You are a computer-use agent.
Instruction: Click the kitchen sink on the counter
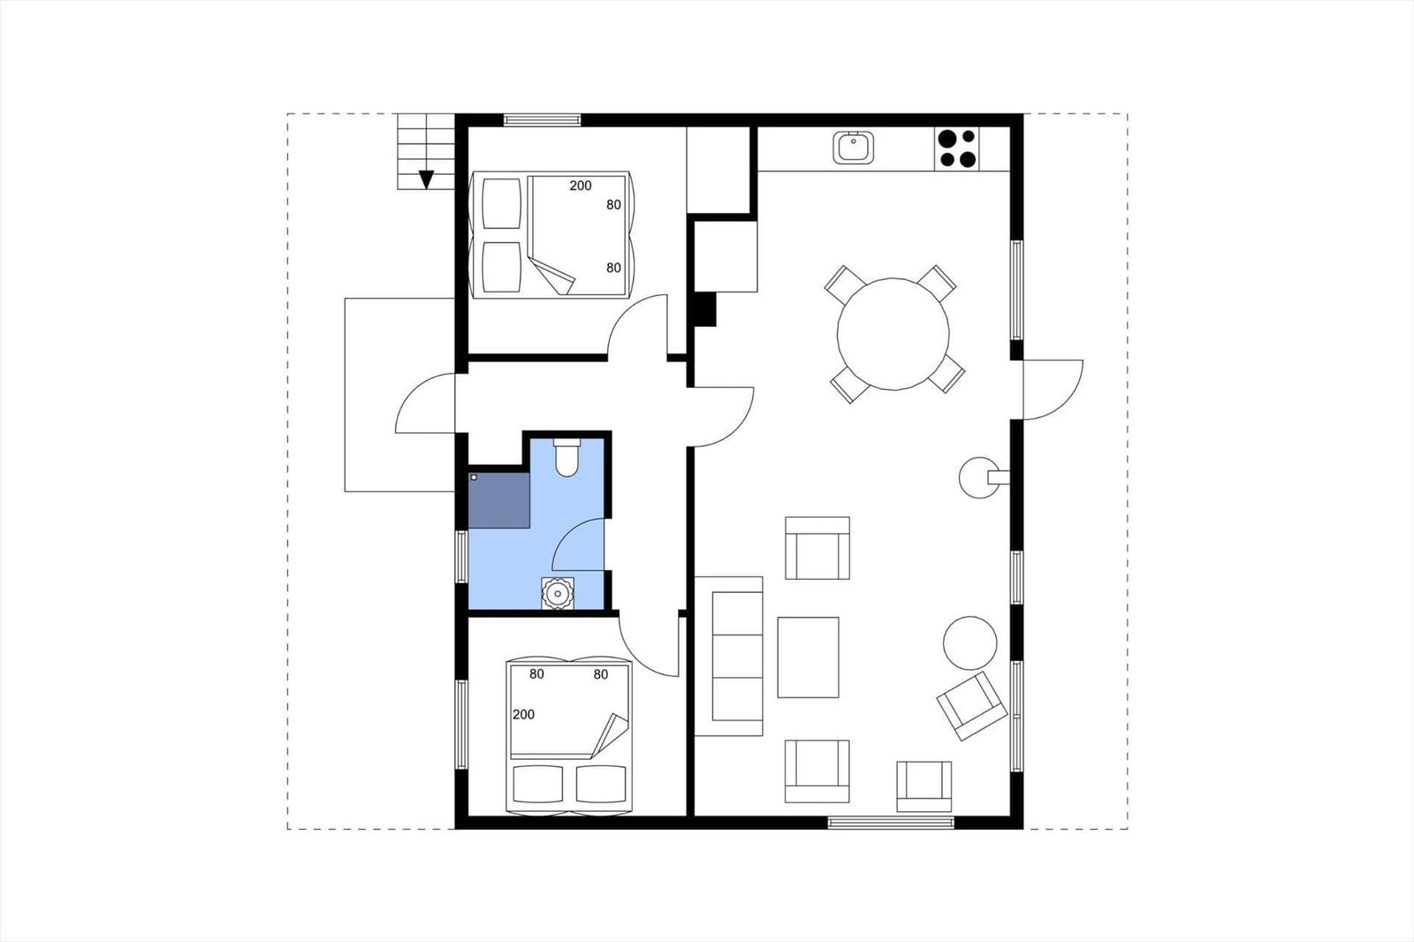tap(853, 148)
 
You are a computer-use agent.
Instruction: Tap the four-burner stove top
tap(957, 148)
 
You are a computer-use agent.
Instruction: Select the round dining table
tap(893, 334)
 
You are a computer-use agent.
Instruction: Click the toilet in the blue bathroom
tap(566, 457)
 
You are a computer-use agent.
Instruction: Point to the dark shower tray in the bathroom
tap(499, 500)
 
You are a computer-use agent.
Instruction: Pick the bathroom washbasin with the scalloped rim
tap(558, 594)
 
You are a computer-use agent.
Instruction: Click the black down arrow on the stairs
tap(426, 180)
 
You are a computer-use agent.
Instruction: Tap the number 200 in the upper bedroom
tap(581, 186)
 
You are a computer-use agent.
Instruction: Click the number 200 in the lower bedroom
tap(523, 714)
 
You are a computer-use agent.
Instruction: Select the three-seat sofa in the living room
tap(729, 656)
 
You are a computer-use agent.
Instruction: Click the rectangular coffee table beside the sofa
tap(808, 657)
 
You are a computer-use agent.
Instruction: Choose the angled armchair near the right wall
tap(971, 706)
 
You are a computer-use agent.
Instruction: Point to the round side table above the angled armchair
tap(970, 643)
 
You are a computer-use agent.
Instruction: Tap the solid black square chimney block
tap(705, 309)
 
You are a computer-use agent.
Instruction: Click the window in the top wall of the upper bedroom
tap(542, 119)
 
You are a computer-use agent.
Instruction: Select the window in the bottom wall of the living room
tap(891, 822)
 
